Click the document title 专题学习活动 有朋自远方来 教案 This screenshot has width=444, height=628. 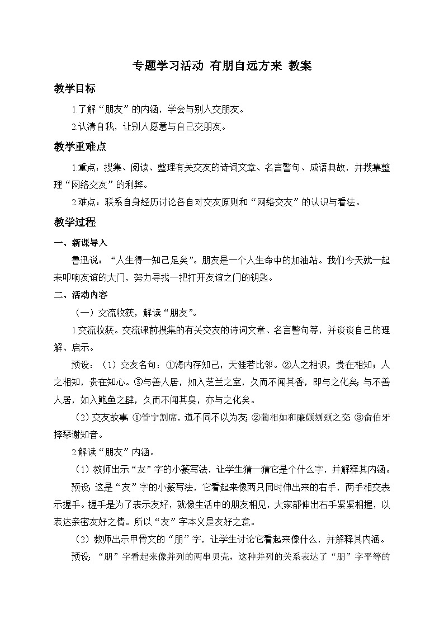coord(221,65)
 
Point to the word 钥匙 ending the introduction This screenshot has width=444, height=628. coord(263,277)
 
